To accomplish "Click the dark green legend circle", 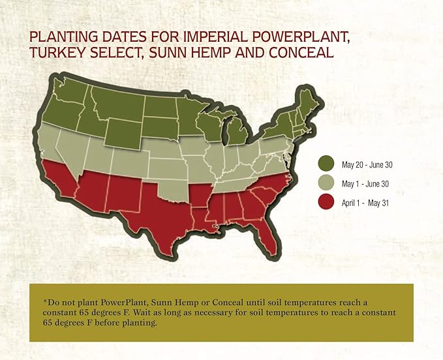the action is coord(326,164).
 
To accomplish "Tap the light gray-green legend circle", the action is coord(326,183).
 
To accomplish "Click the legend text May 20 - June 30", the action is coord(367,164).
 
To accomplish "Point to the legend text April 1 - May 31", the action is coord(365,203).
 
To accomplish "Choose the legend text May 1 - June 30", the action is coord(365,184).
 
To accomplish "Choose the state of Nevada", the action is coord(71,153).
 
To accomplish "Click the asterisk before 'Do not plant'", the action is coord(44,301).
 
